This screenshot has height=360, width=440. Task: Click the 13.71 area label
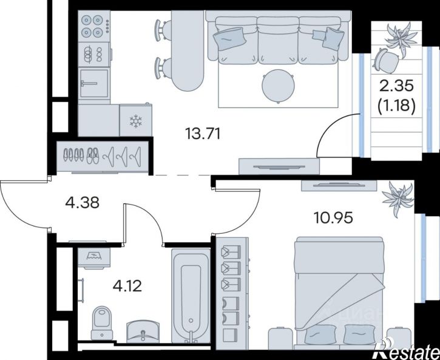pos(203,134)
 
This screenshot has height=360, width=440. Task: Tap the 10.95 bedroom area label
pos(333,217)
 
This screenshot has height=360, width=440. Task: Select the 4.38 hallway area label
pos(82,203)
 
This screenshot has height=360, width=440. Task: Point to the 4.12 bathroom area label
pos(127,286)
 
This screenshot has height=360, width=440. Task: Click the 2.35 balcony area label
pos(396,86)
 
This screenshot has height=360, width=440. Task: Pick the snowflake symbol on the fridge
pos(136,121)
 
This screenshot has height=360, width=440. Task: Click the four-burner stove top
pos(94,26)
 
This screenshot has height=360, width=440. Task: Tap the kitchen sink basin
pos(93,83)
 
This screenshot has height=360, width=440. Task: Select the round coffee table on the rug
pos(279,86)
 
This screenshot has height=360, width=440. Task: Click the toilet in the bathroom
pos(102,323)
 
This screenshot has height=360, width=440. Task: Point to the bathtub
pos(191,296)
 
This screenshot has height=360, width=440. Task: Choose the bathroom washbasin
pos(143,331)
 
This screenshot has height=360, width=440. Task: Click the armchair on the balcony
pos(385,60)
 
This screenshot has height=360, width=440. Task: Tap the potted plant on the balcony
pos(401,39)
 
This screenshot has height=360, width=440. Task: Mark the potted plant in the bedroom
pos(399,198)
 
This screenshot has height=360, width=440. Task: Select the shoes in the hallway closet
pos(81,155)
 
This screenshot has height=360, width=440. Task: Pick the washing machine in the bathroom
pos(94,257)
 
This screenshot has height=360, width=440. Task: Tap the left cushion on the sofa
pos(229,39)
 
